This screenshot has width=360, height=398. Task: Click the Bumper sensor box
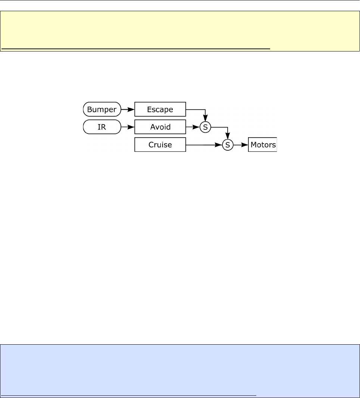(102, 110)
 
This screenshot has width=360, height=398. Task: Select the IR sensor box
(102, 127)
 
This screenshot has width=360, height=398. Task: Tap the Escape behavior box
(160, 110)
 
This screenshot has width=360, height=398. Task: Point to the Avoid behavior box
(160, 127)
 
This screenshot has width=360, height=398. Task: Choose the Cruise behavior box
(160, 145)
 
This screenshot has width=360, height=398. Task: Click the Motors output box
(263, 145)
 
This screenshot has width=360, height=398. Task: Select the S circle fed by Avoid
(205, 127)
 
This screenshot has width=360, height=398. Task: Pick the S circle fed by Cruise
(228, 145)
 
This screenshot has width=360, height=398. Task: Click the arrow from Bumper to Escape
(128, 110)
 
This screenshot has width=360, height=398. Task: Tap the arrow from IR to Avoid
(128, 127)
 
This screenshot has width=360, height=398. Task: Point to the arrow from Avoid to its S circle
(193, 127)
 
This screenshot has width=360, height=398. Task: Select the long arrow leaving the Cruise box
(203, 145)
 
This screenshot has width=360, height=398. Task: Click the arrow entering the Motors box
(241, 145)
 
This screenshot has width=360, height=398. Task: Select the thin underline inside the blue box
(129, 395)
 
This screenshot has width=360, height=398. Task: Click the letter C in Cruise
(151, 145)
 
